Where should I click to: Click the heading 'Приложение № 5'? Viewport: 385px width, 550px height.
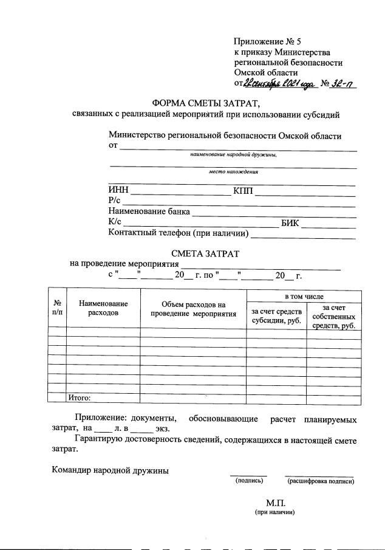point(267,41)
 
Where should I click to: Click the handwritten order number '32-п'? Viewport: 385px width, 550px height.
point(342,83)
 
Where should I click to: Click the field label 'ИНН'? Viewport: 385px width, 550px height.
point(118,191)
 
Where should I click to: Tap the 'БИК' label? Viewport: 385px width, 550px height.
point(290,222)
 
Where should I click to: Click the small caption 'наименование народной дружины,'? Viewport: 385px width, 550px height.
point(233,155)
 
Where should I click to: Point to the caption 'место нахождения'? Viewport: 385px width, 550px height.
point(233,172)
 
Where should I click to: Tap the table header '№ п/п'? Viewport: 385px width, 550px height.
point(57,308)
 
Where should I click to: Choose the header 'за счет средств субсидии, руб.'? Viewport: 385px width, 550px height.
point(276,315)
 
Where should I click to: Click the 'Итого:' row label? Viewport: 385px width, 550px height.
point(79,398)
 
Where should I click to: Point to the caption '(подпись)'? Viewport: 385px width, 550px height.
point(248,481)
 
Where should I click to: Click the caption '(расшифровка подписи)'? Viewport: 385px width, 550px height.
point(320,481)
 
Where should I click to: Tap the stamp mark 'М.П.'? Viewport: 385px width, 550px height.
point(274,503)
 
